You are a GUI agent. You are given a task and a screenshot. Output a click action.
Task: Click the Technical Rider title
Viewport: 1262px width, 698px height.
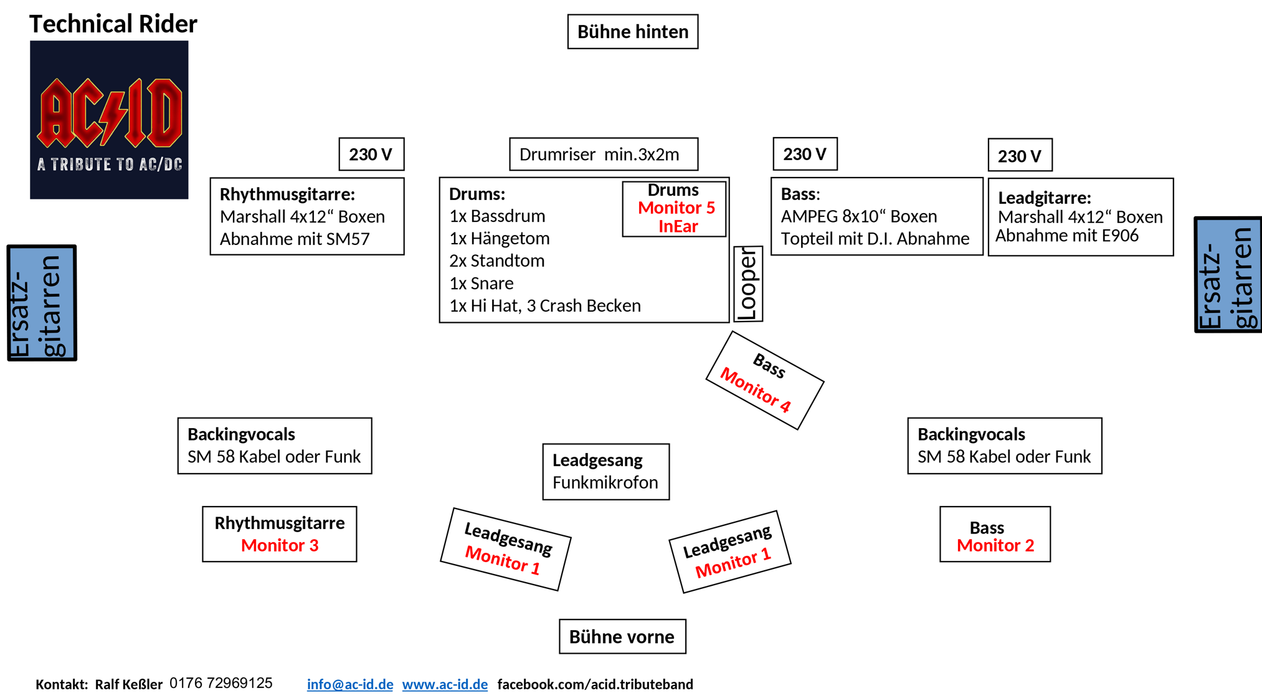coord(113,24)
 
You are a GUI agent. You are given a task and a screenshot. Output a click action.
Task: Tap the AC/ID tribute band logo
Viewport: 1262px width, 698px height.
coord(109,120)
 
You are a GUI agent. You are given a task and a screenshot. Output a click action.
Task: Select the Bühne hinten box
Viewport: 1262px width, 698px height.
coord(633,32)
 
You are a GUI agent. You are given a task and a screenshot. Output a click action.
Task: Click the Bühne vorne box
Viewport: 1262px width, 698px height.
coord(622,636)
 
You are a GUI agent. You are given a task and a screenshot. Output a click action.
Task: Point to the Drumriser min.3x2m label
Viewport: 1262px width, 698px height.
coord(604,154)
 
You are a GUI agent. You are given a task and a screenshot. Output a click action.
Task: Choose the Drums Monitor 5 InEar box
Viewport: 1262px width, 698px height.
coord(675,208)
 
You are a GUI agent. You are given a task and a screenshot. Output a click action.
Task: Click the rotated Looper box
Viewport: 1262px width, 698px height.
coord(748,284)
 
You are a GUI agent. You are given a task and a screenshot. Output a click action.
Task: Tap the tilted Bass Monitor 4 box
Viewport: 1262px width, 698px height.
coord(765,380)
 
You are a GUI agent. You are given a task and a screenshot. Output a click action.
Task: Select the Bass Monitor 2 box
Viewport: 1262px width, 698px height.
coord(995,534)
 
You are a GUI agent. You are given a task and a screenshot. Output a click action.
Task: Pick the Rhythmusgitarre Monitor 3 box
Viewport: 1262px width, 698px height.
coord(280,534)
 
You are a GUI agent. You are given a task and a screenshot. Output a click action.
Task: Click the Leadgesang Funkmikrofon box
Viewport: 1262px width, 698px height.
coord(606,472)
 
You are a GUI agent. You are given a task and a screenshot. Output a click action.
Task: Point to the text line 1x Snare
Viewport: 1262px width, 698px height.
coord(482,284)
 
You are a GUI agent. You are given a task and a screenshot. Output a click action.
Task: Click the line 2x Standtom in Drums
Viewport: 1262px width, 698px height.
coord(497,261)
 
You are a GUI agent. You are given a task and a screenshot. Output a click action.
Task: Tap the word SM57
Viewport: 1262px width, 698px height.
coord(345,239)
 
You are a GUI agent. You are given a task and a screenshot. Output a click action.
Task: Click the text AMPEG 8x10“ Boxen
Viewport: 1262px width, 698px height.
coord(859,216)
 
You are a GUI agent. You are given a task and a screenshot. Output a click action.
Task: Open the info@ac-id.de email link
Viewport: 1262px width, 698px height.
coord(350,684)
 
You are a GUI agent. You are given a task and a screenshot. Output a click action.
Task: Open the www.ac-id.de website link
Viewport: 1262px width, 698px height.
coord(445,684)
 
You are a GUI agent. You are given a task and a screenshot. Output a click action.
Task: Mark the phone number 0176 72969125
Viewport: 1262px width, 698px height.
coord(221,683)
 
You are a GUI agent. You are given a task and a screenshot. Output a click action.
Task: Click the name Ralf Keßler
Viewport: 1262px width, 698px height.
coord(129,684)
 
